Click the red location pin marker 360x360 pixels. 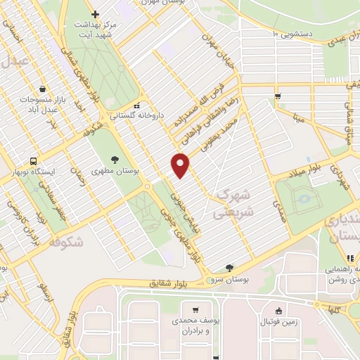click(181, 165)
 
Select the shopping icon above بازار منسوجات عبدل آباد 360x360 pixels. click(44, 89)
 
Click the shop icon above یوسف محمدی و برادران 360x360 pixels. click(195, 309)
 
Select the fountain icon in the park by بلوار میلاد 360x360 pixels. click(304, 199)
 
